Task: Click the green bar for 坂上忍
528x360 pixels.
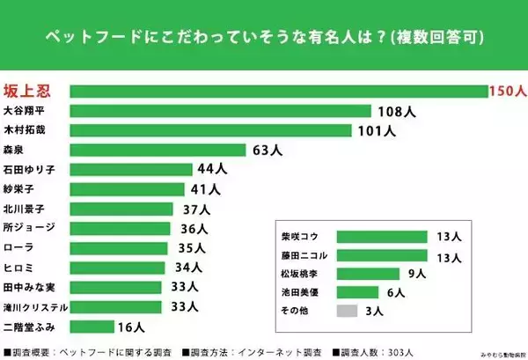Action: [277, 92]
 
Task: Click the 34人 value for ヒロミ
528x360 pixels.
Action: [187, 268]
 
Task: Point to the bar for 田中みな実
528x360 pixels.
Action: [115, 287]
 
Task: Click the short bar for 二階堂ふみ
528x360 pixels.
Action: [92, 327]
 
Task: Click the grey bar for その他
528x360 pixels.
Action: [348, 311]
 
